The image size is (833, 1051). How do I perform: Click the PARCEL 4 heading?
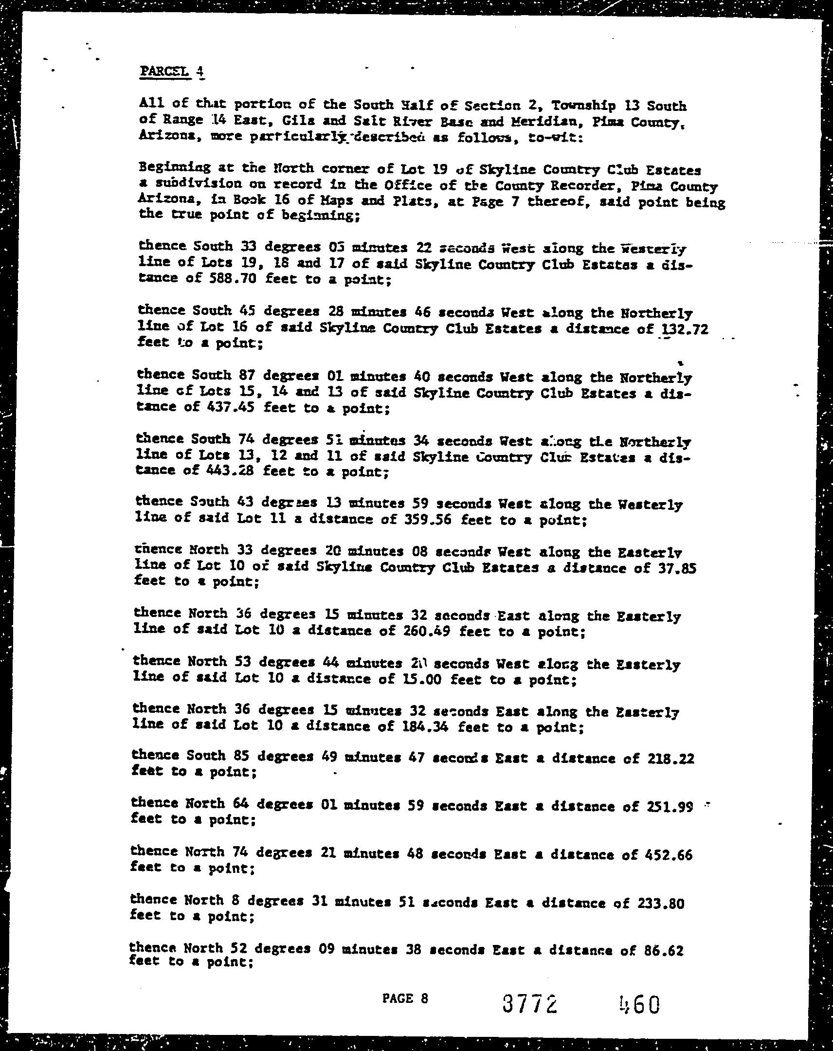[x=172, y=72]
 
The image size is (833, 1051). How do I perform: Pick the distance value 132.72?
[x=683, y=329]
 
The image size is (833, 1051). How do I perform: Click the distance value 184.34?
[x=425, y=727]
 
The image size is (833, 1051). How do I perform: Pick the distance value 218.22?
[x=670, y=758]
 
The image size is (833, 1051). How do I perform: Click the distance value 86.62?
[x=665, y=951]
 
